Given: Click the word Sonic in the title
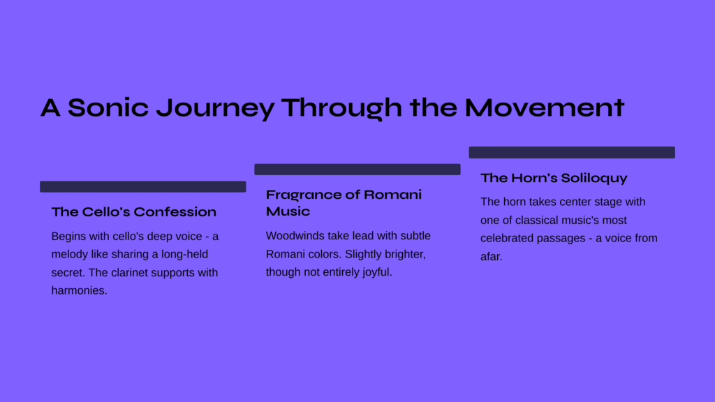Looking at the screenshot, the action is [x=108, y=107].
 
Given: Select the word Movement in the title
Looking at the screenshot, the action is [x=545, y=107].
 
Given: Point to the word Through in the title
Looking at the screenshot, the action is [x=341, y=108].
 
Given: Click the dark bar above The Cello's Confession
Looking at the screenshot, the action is [x=142, y=186].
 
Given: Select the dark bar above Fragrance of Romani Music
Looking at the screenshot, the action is [x=357, y=170].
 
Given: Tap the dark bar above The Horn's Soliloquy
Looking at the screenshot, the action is [x=572, y=152].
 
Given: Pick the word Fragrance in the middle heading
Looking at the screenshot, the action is [x=304, y=195].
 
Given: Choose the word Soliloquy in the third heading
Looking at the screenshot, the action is [x=594, y=178].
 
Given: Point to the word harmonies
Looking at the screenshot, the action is [x=79, y=291].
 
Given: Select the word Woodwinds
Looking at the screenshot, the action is [x=295, y=236].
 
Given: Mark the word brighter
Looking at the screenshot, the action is [x=404, y=254].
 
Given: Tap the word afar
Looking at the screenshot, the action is [x=491, y=257].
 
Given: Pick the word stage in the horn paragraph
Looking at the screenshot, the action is [x=596, y=202].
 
